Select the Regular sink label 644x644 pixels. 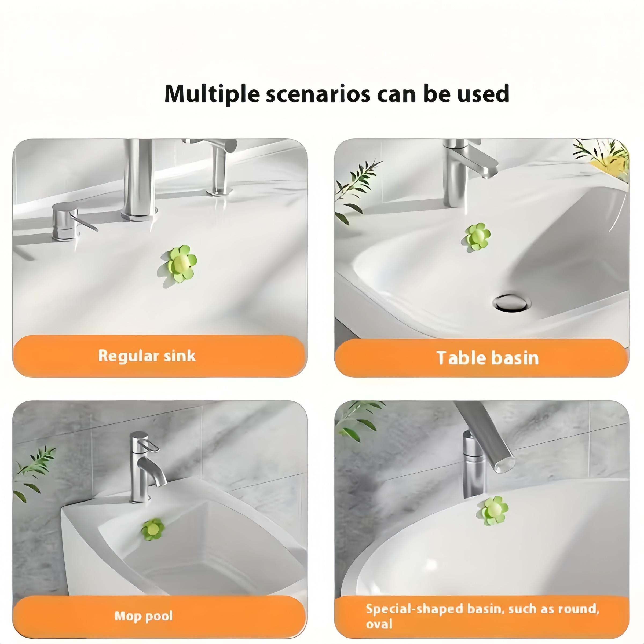tap(147, 356)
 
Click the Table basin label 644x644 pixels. tap(488, 358)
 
